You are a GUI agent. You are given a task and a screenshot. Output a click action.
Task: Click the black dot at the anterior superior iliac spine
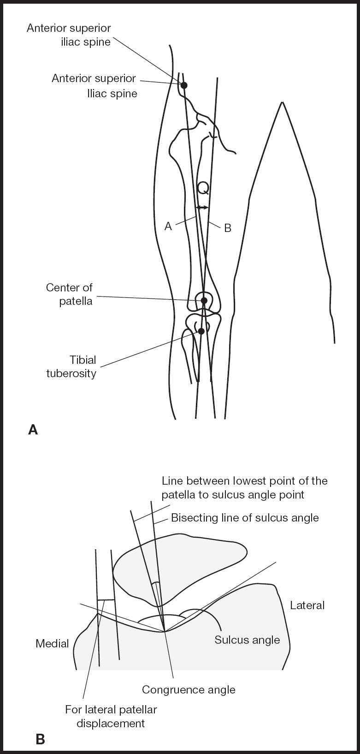(184, 85)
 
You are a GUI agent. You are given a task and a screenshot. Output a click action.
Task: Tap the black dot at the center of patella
(204, 301)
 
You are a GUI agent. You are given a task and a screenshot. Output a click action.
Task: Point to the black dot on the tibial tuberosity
(201, 331)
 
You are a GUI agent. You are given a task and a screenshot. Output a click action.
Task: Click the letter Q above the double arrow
(203, 188)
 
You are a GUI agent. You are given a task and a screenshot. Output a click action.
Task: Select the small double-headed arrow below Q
(202, 208)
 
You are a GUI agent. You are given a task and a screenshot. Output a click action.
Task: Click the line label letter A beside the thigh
(168, 226)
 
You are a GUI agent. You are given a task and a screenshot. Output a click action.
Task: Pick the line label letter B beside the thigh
(227, 228)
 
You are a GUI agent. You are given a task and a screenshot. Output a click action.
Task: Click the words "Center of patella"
(69, 294)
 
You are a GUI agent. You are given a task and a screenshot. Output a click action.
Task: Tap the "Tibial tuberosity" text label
(71, 366)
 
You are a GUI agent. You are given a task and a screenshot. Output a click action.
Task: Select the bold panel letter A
(33, 430)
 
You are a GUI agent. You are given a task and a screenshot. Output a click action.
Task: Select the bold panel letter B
(40, 740)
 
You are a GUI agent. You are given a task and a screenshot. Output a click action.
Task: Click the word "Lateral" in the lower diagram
(307, 605)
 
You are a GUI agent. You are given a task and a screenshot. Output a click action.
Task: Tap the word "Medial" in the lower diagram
(52, 643)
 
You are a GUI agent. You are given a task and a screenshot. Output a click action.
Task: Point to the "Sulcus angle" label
(247, 640)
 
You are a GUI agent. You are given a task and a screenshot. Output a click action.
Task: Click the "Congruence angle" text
(189, 689)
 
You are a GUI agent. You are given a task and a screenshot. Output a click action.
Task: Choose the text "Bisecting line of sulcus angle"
(245, 517)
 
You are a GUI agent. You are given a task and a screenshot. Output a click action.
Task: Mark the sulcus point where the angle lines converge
(164, 631)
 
